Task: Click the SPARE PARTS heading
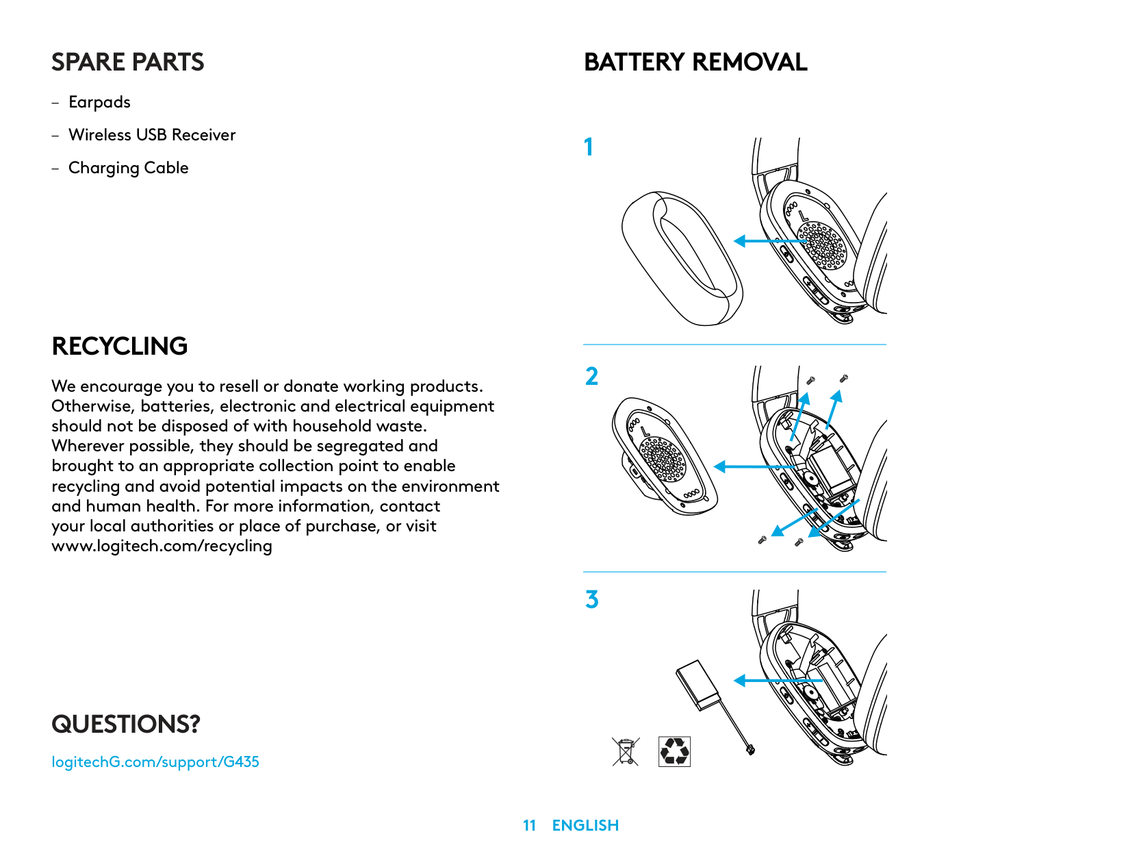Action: [x=128, y=62]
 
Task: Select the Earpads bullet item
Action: [x=99, y=103]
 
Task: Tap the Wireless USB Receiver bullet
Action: [x=152, y=135]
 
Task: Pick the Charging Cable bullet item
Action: [x=128, y=168]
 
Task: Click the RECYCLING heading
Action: [x=120, y=347]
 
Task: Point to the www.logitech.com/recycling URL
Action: [x=162, y=546]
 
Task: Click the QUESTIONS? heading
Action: [x=126, y=725]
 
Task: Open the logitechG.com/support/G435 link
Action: [x=155, y=762]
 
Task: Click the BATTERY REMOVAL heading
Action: [x=695, y=62]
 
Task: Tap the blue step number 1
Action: [x=589, y=147]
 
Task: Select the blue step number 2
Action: [x=592, y=377]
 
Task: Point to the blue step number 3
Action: [x=592, y=600]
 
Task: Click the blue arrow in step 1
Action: [x=770, y=241]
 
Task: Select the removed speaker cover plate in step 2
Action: [x=664, y=455]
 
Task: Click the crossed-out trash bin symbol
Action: [x=626, y=751]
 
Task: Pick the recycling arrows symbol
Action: [x=674, y=751]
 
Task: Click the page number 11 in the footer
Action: [x=529, y=826]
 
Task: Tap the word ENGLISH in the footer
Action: [x=585, y=826]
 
